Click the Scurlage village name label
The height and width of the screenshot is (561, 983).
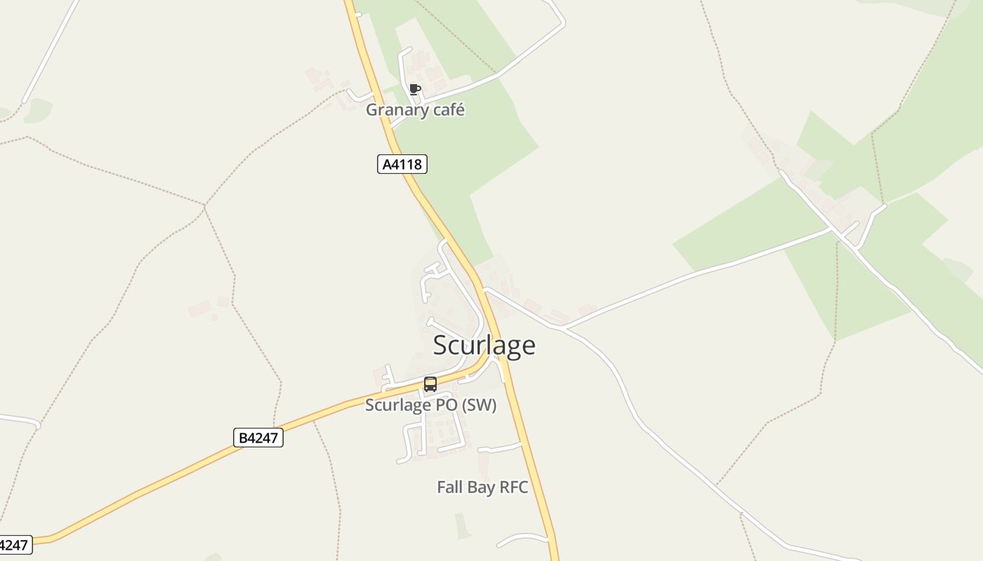(x=484, y=345)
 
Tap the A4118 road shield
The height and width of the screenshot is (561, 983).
(x=402, y=165)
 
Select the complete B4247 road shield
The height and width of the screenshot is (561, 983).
(x=258, y=438)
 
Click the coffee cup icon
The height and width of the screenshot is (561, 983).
(x=414, y=89)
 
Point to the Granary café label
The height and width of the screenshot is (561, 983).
(x=415, y=110)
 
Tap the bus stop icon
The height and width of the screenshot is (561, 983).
(x=430, y=384)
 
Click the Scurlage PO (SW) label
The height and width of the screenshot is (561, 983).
(x=430, y=405)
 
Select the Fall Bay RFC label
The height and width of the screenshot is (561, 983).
(x=482, y=487)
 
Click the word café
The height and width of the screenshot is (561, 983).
(x=446, y=110)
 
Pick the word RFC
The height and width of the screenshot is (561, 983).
(x=514, y=487)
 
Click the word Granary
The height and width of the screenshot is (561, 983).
(x=395, y=110)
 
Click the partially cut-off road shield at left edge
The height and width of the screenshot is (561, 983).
(x=14, y=545)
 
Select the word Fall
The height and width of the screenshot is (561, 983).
(x=449, y=487)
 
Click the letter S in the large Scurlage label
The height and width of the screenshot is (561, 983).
(x=441, y=345)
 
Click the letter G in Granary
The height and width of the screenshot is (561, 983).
(x=371, y=110)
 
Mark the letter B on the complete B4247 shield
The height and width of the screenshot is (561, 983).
(x=243, y=438)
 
